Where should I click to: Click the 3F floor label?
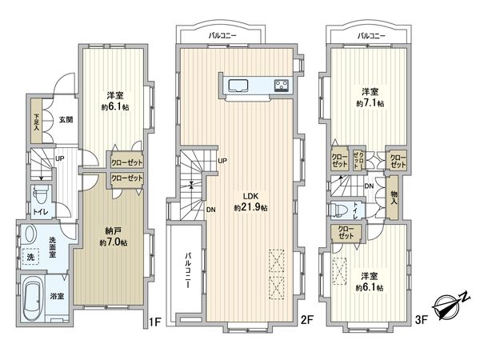(x=421, y=322)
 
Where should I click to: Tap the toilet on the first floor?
(x=40, y=194)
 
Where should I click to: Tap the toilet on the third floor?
(x=339, y=210)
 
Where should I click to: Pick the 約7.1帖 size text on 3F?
(x=369, y=102)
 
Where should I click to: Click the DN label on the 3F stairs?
(x=369, y=186)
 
